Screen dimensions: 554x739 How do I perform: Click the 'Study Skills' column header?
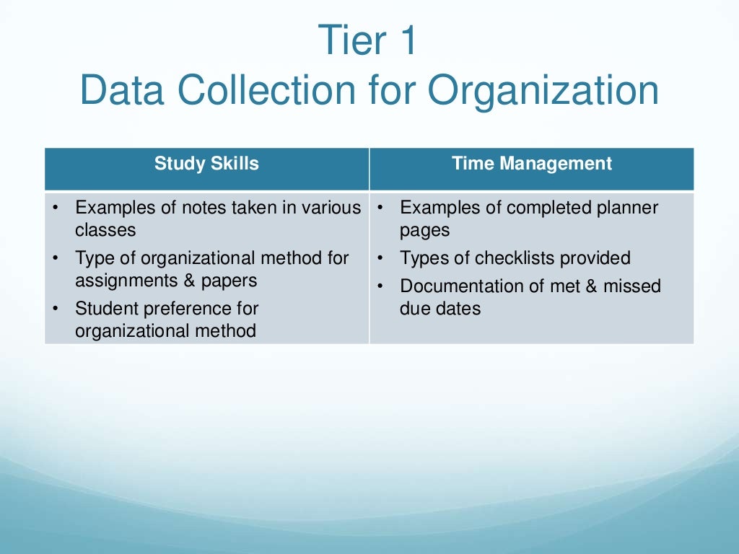[206, 164]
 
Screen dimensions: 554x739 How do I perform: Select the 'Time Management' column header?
[532, 164]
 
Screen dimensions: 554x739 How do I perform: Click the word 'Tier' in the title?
[349, 41]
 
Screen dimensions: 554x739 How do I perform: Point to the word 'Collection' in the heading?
[293, 92]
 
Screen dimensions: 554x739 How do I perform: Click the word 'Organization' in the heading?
[543, 92]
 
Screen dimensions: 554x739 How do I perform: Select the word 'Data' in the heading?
[120, 92]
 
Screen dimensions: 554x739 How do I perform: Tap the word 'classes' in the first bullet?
[105, 230]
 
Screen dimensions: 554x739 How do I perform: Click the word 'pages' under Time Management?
[424, 230]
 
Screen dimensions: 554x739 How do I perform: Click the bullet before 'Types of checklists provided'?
[380, 258]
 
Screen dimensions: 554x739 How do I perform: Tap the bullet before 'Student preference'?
[56, 309]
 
